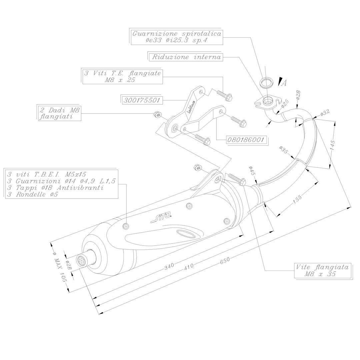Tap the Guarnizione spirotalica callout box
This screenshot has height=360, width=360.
coord(177,37)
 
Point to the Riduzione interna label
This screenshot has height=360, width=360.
coord(186,57)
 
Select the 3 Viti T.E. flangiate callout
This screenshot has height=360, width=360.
coord(122,76)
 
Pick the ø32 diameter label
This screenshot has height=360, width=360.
coord(324,113)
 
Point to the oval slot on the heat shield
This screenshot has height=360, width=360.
coord(187,234)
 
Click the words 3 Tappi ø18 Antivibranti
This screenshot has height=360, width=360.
coord(55,188)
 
